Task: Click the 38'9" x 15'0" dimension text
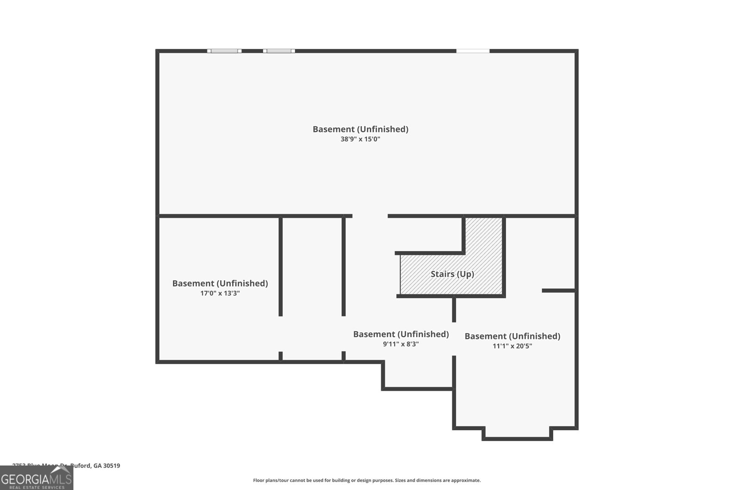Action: point(360,139)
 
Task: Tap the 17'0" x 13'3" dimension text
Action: point(220,293)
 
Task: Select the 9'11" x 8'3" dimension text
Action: point(400,344)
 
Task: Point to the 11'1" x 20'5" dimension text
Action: point(512,346)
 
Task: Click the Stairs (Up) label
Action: point(452,274)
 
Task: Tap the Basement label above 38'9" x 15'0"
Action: point(360,129)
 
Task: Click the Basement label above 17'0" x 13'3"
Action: point(220,283)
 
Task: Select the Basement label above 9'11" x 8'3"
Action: point(400,334)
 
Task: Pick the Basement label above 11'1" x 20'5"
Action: point(512,336)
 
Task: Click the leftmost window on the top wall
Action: point(224,51)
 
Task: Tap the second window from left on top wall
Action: point(279,51)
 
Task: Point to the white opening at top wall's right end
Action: point(473,51)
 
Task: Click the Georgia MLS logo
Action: point(36,479)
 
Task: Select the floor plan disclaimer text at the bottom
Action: point(367,480)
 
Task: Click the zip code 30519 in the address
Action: point(112,466)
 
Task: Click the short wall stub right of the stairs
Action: point(558,290)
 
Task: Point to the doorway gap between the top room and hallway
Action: point(370,216)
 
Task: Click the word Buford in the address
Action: point(81,466)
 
